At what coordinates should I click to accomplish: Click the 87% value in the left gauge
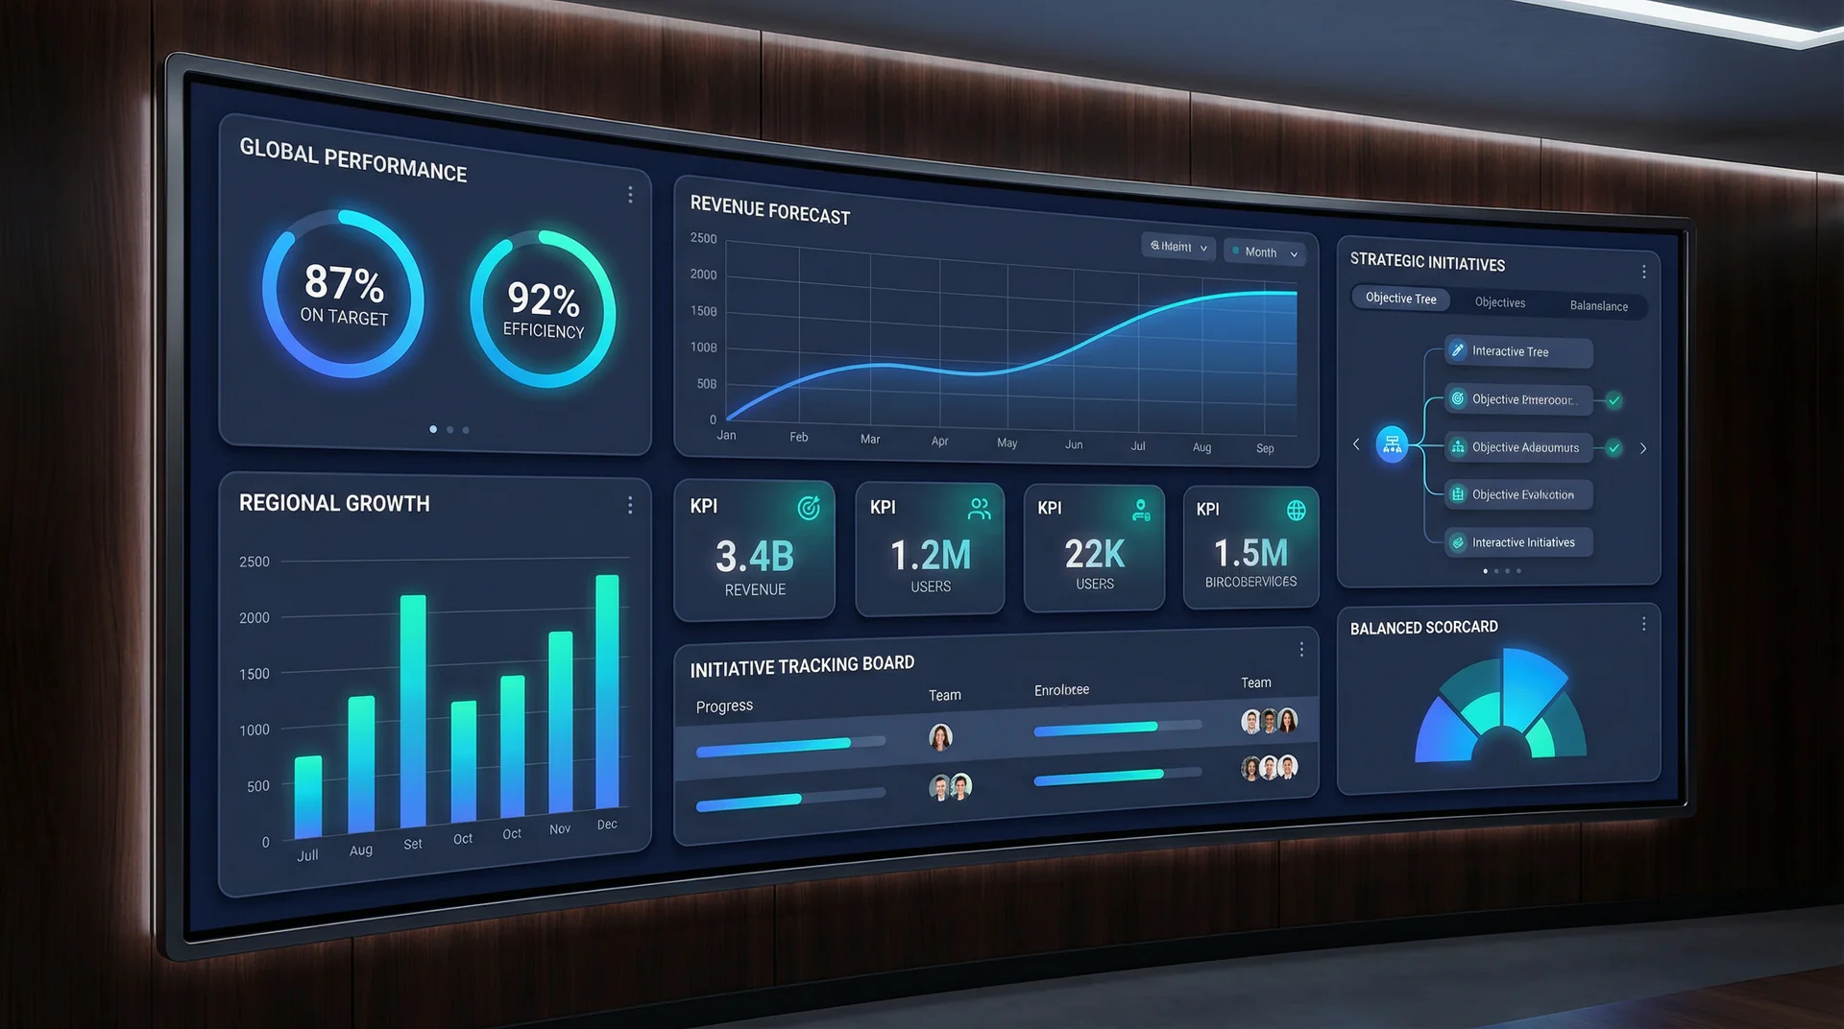(344, 283)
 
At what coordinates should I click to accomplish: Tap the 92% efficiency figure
(543, 299)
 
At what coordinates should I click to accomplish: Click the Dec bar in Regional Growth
(607, 691)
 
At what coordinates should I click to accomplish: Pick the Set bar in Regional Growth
(413, 711)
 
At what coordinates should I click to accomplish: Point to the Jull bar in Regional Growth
(308, 797)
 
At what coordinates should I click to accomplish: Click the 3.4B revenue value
(755, 557)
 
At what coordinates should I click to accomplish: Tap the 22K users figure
(1094, 554)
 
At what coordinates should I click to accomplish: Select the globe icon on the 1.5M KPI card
(1296, 511)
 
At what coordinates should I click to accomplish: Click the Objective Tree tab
(1400, 299)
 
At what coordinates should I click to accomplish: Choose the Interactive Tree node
(1517, 352)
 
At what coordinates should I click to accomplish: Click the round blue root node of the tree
(1392, 444)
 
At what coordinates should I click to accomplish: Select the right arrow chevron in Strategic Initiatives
(1643, 448)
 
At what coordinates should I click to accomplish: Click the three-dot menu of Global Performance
(630, 195)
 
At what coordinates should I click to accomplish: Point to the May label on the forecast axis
(1007, 443)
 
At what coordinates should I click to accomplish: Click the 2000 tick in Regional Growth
(255, 617)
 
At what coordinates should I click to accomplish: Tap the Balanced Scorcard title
(1423, 628)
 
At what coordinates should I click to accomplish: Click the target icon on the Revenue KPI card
(809, 508)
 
